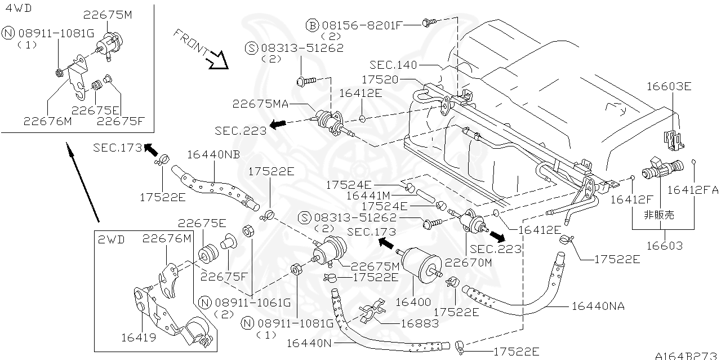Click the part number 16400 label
pyautogui.click(x=413, y=302)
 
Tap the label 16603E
pyautogui.click(x=669, y=86)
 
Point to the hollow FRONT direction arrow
pyautogui.click(x=216, y=59)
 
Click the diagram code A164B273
pyautogui.click(x=687, y=355)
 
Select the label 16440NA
pyautogui.click(x=598, y=306)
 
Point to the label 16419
pyautogui.click(x=135, y=337)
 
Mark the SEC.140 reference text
pyautogui.click(x=394, y=65)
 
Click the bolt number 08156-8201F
pyautogui.click(x=360, y=25)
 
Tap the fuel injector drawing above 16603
pyautogui.click(x=661, y=168)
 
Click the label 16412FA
pyautogui.click(x=693, y=190)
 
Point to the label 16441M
pyautogui.click(x=369, y=195)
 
